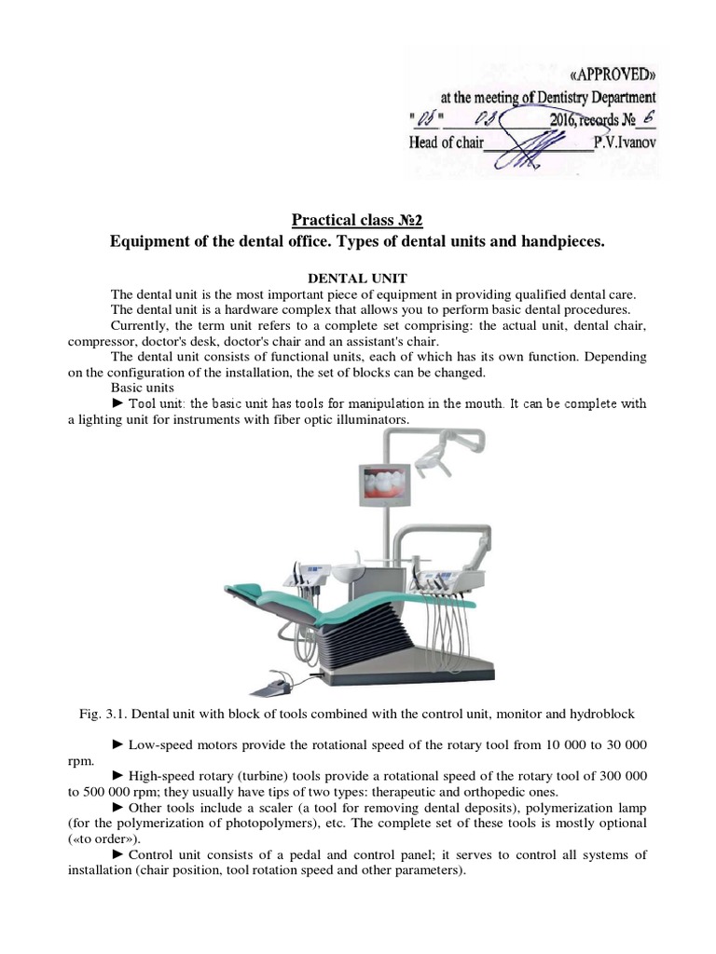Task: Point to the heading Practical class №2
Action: tap(357, 220)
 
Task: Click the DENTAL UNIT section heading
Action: tap(357, 278)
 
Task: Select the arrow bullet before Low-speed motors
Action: tap(117, 745)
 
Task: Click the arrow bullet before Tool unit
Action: tap(117, 403)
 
